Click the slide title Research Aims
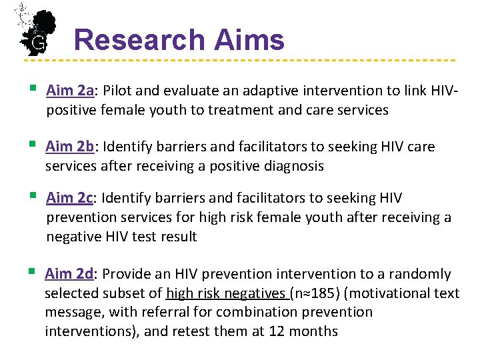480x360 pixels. pos(179,40)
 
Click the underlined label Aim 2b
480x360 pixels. pos(68,147)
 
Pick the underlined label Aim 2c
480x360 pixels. pos(69,198)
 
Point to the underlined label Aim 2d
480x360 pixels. pos(69,274)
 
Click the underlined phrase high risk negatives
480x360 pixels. pos(225,293)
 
